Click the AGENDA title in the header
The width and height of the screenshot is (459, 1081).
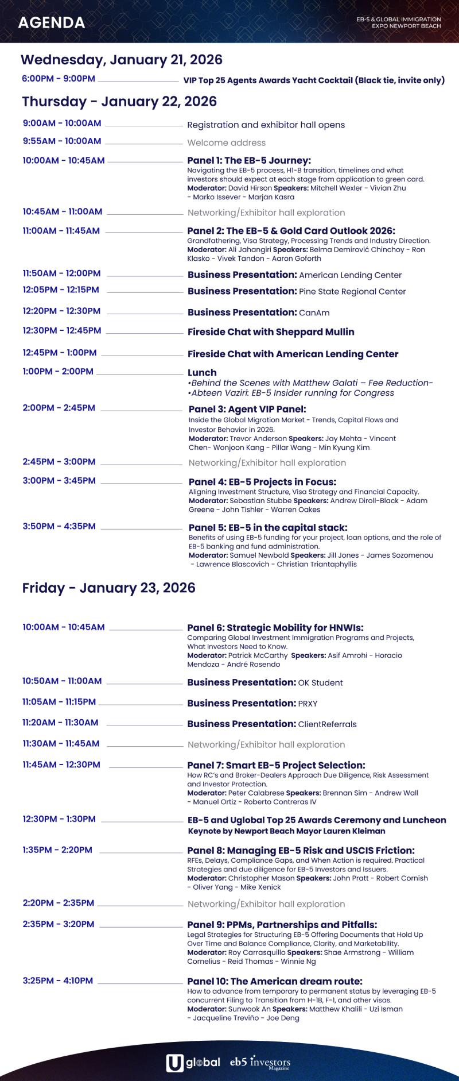point(52,23)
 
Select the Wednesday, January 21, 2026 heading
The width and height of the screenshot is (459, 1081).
point(122,60)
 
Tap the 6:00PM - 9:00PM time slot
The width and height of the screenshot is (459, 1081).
point(59,79)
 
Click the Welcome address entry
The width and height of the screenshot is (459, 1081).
point(227,142)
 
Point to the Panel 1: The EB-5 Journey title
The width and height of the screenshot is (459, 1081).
point(249,161)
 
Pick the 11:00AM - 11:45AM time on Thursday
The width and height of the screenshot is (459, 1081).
point(61,231)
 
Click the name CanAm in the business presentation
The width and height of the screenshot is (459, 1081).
point(314,313)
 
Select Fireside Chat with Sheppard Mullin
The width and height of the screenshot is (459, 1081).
point(271,332)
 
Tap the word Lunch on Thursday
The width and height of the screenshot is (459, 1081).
point(202,373)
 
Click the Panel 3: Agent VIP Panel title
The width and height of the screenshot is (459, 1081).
point(247,410)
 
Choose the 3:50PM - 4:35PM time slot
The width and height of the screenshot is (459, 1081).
point(59,526)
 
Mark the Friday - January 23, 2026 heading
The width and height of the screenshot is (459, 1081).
point(109,588)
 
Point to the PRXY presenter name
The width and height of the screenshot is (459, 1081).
point(308,704)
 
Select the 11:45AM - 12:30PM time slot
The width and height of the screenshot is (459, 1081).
point(61,765)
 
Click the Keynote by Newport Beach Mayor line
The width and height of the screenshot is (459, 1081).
point(287,831)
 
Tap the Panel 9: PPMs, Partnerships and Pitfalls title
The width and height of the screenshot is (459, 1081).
point(282,925)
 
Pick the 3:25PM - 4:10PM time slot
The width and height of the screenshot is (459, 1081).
point(58,980)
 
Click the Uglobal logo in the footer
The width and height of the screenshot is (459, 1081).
point(193,1063)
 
